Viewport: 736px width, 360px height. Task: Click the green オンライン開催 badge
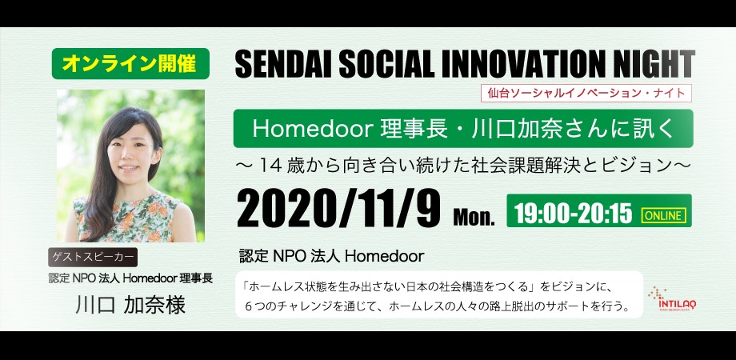click(130, 64)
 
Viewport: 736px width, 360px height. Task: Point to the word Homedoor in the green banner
click(312, 129)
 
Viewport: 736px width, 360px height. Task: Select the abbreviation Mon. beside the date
click(474, 218)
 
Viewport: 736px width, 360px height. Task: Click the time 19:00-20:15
click(574, 214)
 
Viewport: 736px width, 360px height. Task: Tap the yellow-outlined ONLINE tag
click(664, 215)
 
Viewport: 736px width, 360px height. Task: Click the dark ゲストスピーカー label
click(93, 258)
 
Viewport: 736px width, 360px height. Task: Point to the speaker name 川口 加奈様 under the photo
click(130, 305)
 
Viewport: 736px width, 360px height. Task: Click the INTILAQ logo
click(672, 299)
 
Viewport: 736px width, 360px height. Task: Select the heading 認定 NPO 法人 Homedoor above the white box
click(331, 256)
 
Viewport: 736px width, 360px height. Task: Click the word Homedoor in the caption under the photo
click(149, 278)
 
